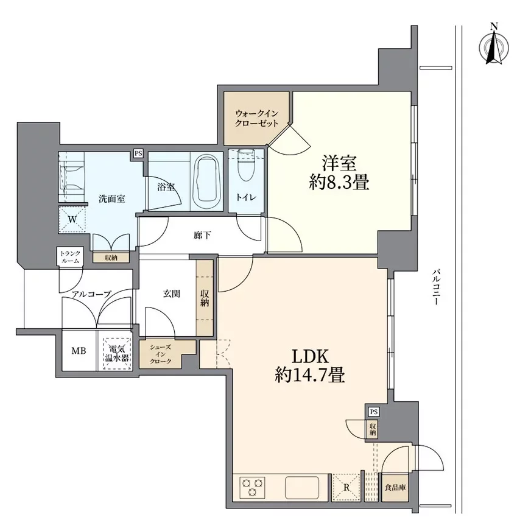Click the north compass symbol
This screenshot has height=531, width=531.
pyautogui.click(x=494, y=46)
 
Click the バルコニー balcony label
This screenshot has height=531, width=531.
pyautogui.click(x=437, y=286)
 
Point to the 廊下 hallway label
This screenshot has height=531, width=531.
pyautogui.click(x=203, y=235)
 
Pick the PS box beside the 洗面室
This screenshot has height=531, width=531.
pyautogui.click(x=138, y=153)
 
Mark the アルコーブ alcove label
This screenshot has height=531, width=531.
pyautogui.click(x=91, y=294)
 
